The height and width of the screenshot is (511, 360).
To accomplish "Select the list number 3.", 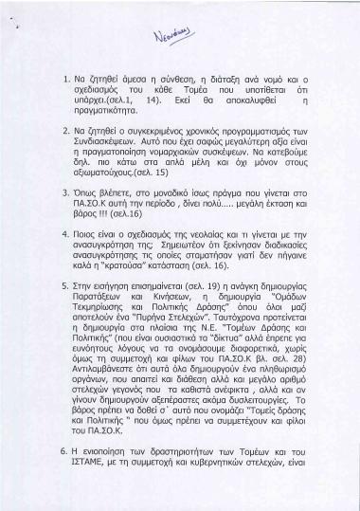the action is (63, 215).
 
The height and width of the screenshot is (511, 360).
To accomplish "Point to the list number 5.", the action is (63, 310).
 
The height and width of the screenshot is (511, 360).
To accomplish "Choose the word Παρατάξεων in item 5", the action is (110, 323).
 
